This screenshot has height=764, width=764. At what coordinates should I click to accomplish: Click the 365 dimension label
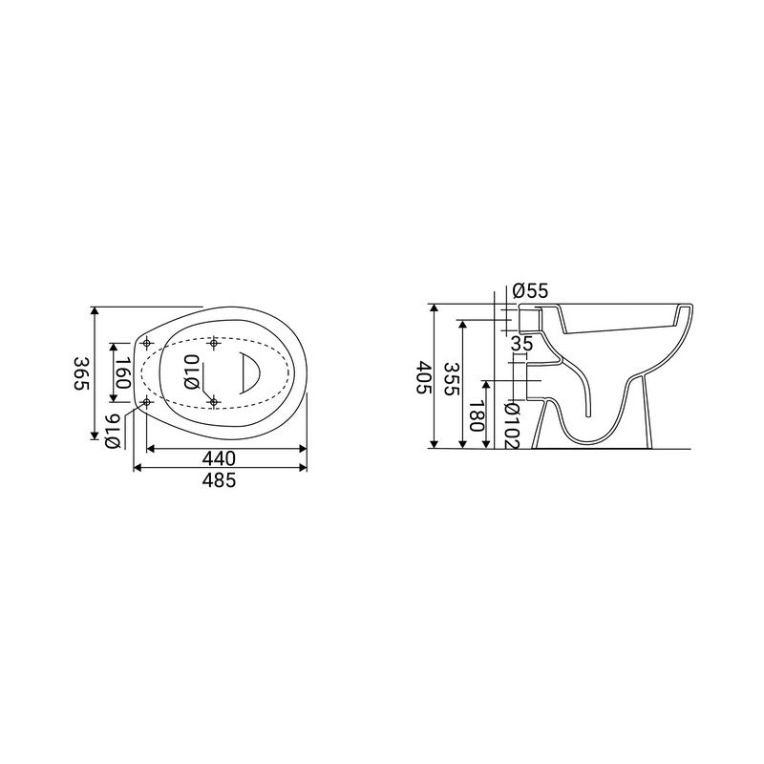pos(81,373)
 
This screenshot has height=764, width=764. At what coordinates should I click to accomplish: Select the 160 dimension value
pos(123,372)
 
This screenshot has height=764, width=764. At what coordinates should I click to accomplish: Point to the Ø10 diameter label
pos(192,371)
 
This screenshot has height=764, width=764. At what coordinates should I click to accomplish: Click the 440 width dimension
pos(220,458)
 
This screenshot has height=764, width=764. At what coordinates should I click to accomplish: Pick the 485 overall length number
pos(220,480)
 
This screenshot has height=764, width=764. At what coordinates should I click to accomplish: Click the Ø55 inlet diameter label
pos(530,291)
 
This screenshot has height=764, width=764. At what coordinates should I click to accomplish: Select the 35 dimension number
pos(521,344)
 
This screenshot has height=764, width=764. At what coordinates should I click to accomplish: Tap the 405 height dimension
pos(424,377)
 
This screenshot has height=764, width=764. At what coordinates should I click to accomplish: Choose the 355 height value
pos(452,378)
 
